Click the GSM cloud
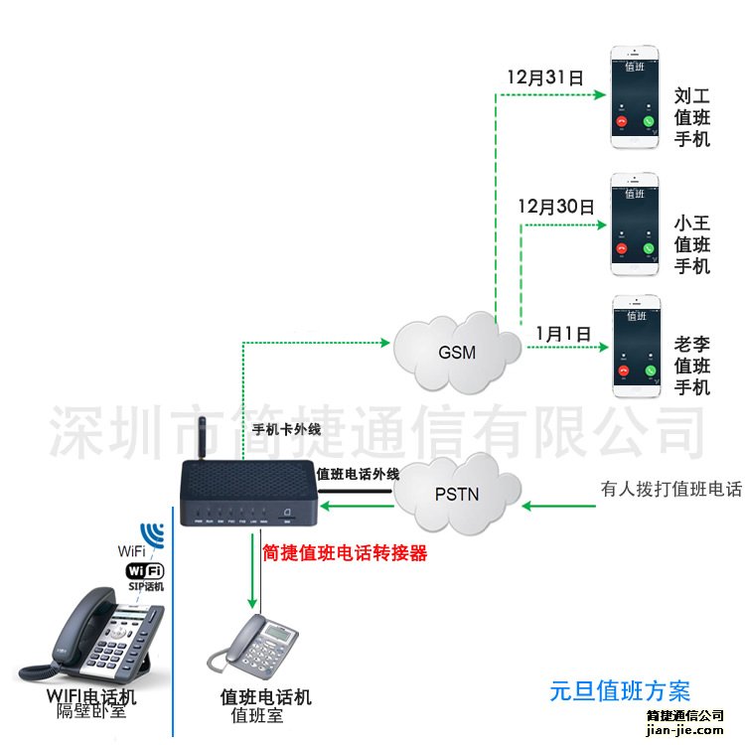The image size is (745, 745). [x=457, y=351]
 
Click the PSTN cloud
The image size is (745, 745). [x=459, y=492]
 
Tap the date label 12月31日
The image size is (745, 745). [x=543, y=76]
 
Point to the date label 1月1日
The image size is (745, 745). [x=563, y=333]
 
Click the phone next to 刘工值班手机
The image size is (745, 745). [x=635, y=97]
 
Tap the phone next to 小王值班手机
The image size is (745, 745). [x=635, y=224]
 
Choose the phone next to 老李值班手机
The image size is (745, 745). [x=636, y=347]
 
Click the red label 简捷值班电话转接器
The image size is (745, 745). [x=345, y=553]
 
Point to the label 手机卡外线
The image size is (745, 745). [x=287, y=430]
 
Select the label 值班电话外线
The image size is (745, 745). [x=358, y=474]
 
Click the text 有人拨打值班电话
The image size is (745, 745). [x=670, y=489]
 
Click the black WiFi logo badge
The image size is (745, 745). [x=144, y=571]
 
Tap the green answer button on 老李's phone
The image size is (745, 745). [x=650, y=371]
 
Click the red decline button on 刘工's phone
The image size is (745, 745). [x=622, y=121]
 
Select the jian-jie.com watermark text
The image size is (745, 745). [x=685, y=728]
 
